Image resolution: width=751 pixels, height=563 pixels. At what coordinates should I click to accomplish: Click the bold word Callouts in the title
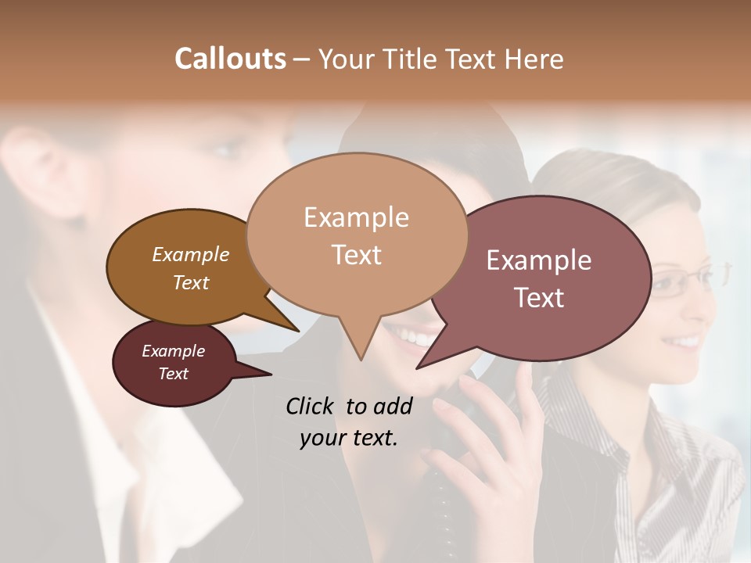tap(230, 59)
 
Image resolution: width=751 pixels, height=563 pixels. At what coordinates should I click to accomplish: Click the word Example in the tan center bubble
tap(356, 217)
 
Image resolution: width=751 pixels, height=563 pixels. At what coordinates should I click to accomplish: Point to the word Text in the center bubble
tap(356, 255)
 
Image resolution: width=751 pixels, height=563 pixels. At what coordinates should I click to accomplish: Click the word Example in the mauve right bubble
tap(538, 260)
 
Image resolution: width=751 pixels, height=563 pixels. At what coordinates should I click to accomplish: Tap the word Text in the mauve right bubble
tap(539, 298)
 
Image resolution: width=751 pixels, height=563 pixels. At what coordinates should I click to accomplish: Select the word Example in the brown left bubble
tap(190, 254)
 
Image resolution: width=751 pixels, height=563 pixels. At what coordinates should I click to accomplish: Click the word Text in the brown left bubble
tap(190, 282)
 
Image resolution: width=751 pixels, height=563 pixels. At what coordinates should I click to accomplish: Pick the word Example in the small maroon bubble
tap(173, 351)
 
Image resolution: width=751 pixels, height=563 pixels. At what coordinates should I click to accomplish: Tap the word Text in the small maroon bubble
tap(173, 374)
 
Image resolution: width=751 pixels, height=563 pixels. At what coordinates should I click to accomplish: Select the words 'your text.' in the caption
tap(348, 438)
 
